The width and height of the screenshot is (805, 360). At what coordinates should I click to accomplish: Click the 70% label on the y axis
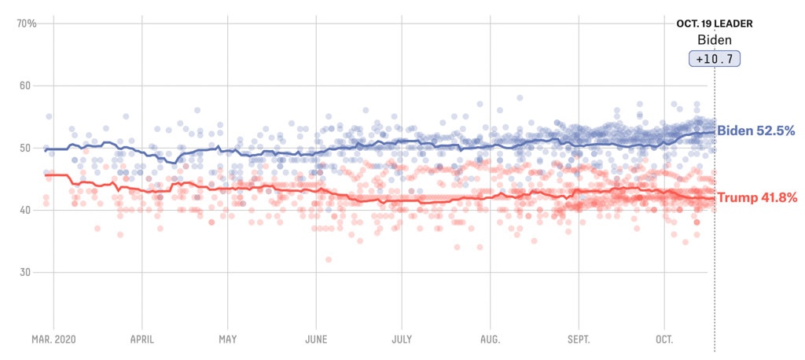click(x=27, y=24)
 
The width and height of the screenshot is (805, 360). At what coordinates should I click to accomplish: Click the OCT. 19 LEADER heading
click(x=715, y=24)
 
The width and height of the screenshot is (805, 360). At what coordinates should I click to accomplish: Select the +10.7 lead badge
click(x=715, y=59)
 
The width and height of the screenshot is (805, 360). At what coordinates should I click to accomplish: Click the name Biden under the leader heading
click(x=715, y=41)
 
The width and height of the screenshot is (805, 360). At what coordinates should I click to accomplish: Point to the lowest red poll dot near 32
click(x=328, y=259)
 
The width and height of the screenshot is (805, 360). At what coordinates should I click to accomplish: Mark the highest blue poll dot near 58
click(x=520, y=98)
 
